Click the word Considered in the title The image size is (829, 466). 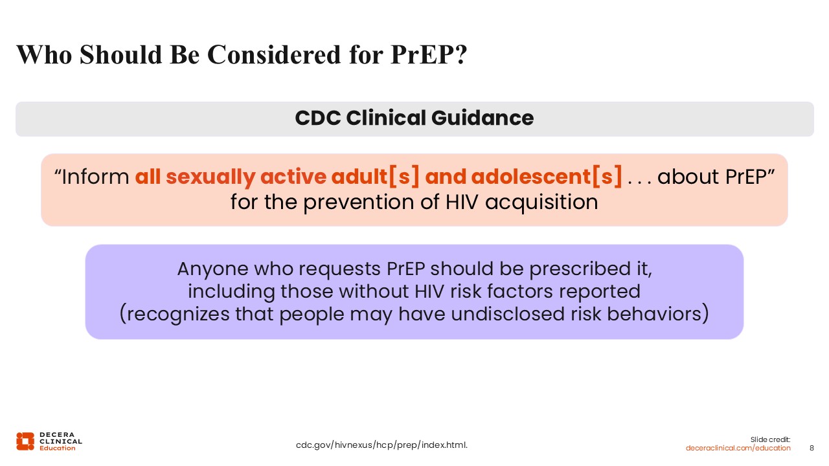(274, 55)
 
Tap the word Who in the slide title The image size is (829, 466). (44, 55)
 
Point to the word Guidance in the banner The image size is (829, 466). (483, 118)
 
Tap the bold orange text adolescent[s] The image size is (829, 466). (547, 177)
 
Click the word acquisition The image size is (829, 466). (541, 203)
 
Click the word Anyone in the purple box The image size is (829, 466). (212, 269)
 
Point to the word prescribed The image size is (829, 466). (580, 269)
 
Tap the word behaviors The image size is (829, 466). (654, 314)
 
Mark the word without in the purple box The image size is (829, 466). (374, 291)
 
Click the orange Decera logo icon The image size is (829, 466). (25, 441)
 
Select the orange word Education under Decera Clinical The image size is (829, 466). (58, 449)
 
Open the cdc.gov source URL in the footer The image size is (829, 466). (381, 445)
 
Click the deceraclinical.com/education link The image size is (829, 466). (738, 449)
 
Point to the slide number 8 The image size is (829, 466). (812, 449)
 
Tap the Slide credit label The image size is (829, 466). (770, 439)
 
